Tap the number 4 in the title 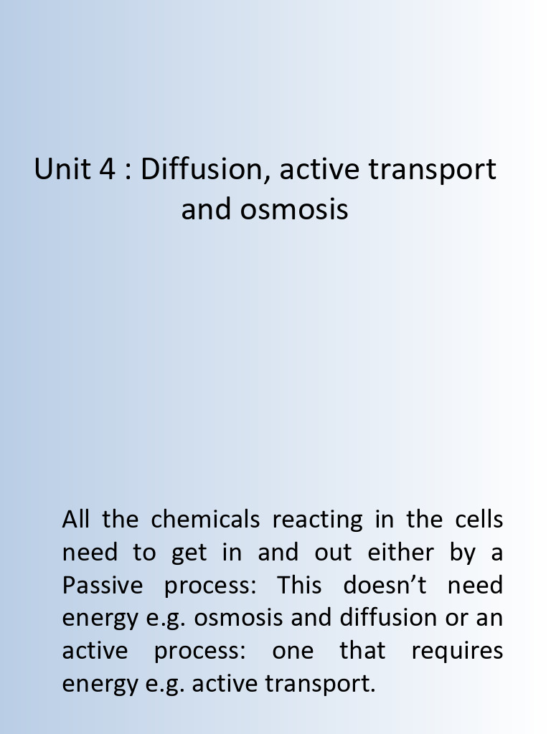(x=105, y=169)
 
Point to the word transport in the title (x=432, y=169)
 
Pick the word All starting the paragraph (x=76, y=519)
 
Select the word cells (x=479, y=519)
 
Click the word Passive (x=103, y=585)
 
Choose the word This (x=299, y=585)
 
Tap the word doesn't (x=385, y=585)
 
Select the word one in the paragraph (x=293, y=651)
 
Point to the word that (x=362, y=651)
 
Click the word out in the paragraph (x=333, y=552)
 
